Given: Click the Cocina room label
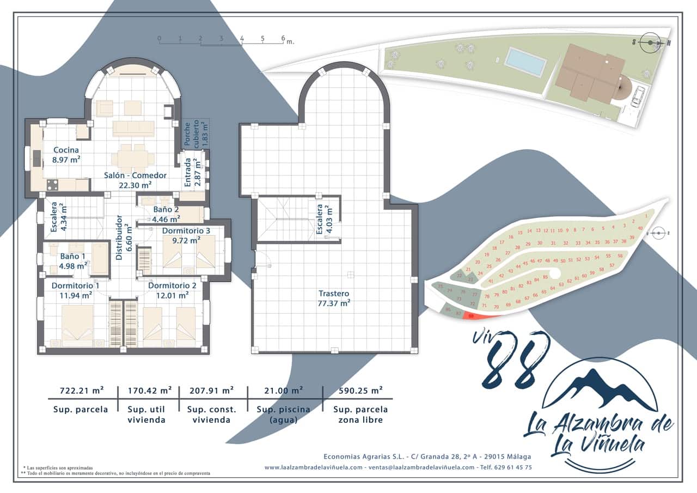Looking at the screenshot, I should tap(66, 155).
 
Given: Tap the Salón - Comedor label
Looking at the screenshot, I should tap(136, 180).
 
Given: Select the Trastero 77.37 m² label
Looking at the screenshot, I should tap(334, 298).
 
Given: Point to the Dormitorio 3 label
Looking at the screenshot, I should tap(186, 235).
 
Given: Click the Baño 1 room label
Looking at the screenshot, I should tap(73, 260).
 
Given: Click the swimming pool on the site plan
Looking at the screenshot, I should tap(525, 62).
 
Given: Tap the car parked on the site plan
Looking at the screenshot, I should tap(637, 96).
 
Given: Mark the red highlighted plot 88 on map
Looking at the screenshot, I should tap(470, 316).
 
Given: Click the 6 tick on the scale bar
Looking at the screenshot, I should tap(283, 39).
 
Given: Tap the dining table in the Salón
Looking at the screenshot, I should tap(133, 158).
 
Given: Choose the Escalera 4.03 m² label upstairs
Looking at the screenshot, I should tap(324, 220).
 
